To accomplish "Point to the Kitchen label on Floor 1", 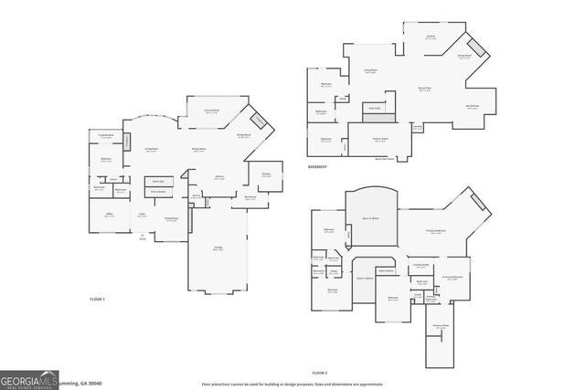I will tap(219, 177).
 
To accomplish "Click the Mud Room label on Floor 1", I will tap(249, 196).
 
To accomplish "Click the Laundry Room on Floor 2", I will tap(420, 267).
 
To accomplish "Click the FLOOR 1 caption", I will tap(97, 300).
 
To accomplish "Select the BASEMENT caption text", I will tap(318, 167).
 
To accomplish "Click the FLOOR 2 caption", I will tap(319, 373).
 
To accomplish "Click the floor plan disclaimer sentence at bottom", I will tap(292, 385).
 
